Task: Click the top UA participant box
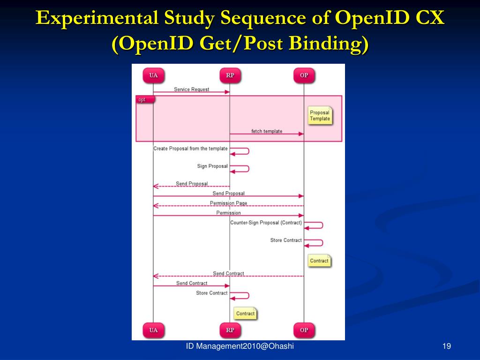pyautogui.click(x=153, y=75)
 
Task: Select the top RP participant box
pyautogui.click(x=230, y=75)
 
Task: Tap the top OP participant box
pyautogui.click(x=304, y=75)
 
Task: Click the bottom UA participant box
pyautogui.click(x=153, y=330)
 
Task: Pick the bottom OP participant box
pyautogui.click(x=304, y=330)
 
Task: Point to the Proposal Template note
pyautogui.click(x=320, y=116)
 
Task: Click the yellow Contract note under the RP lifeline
pyautogui.click(x=245, y=314)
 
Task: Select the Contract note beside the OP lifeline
pyautogui.click(x=319, y=261)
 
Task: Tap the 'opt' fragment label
pyautogui.click(x=142, y=99)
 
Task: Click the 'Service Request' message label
pyautogui.click(x=191, y=89)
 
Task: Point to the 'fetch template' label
pyautogui.click(x=267, y=131)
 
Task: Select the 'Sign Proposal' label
pyautogui.click(x=212, y=166)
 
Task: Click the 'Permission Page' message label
pyautogui.click(x=228, y=203)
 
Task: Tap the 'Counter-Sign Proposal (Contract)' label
pyautogui.click(x=266, y=223)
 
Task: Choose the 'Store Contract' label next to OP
pyautogui.click(x=286, y=240)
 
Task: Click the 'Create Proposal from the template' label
pyautogui.click(x=190, y=149)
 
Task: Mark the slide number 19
pyautogui.click(x=446, y=346)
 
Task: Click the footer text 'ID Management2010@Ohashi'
pyautogui.click(x=240, y=346)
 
